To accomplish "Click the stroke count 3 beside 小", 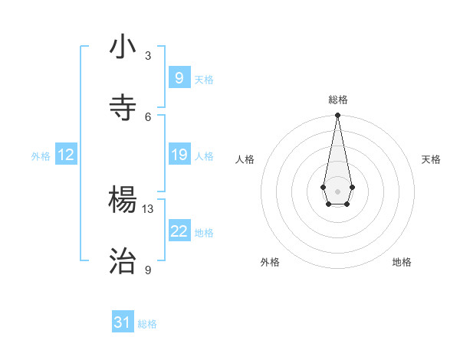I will (148, 56).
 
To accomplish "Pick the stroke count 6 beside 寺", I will (148, 116).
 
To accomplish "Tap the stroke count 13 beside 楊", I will (148, 208).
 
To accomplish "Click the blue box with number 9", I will (179, 78).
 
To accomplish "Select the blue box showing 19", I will (179, 155).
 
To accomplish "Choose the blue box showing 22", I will (179, 231).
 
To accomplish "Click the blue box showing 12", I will (66, 155).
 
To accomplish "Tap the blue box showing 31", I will (123, 322).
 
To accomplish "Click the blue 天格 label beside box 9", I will (204, 80).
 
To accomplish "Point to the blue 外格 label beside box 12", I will (41, 156).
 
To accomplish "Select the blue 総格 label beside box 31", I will (147, 324).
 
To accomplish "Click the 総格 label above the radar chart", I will (338, 100).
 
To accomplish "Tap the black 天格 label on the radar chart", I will (431, 159).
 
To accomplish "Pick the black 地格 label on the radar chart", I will (402, 262).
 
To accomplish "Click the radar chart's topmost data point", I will (337, 115).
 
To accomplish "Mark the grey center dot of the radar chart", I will (337, 190).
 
